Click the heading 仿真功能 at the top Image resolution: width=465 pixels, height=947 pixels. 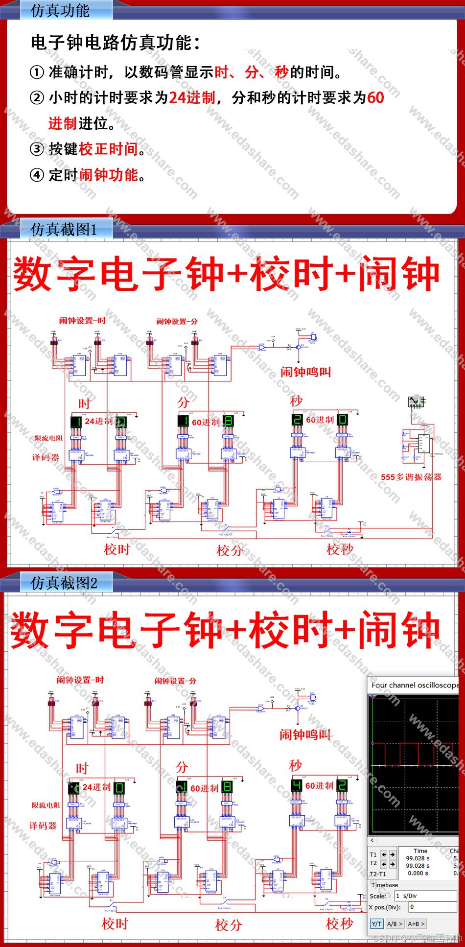pos(60,10)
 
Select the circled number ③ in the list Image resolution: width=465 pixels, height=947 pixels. pos(37,149)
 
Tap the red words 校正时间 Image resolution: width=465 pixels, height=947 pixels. pos(108,149)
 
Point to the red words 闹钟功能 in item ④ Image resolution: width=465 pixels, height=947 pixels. pos(108,175)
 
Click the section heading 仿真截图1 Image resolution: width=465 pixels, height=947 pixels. pos(64,229)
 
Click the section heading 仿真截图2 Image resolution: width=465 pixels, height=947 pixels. pos(64,583)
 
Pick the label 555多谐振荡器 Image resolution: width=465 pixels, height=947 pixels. pos(411,477)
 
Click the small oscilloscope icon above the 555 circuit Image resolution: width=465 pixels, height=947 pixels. pos(416,402)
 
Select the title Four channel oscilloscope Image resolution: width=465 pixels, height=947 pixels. pos(414,685)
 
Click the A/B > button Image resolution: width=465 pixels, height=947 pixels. pos(394,923)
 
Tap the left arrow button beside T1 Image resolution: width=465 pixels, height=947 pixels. pos(384,854)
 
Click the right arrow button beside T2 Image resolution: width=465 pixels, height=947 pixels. pos(392,864)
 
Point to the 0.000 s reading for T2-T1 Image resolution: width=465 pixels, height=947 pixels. pos(418,873)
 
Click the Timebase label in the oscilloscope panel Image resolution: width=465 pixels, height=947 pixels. pos(384,885)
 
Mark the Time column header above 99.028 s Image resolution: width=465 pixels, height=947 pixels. pos(420,851)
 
